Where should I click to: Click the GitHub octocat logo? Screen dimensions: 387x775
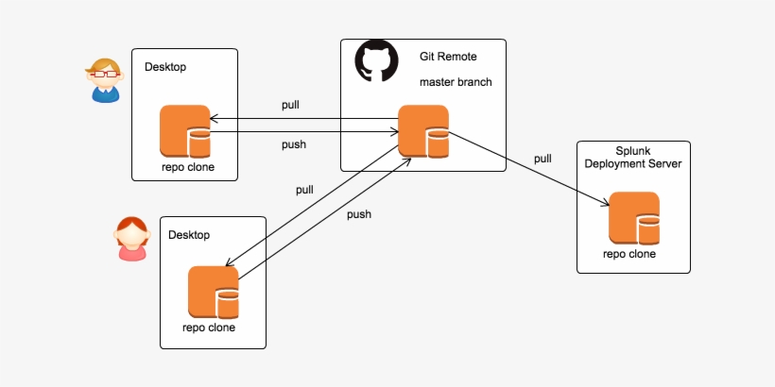(x=376, y=61)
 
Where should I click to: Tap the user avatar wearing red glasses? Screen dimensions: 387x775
(x=104, y=80)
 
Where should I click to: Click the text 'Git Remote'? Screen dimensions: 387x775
(x=448, y=58)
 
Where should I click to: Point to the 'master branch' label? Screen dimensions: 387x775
(x=456, y=82)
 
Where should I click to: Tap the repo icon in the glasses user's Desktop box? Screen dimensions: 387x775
(x=184, y=131)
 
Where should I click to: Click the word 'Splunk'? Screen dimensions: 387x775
(x=633, y=150)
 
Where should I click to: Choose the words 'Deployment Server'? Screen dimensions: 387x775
(x=633, y=164)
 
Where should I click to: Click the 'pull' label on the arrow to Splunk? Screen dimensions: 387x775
(x=542, y=159)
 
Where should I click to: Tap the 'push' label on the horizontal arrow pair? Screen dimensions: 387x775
(x=294, y=144)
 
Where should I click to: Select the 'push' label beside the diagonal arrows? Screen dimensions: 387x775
(x=359, y=214)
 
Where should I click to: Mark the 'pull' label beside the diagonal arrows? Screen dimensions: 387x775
(x=304, y=190)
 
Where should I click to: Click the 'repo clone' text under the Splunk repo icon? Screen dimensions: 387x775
(x=629, y=254)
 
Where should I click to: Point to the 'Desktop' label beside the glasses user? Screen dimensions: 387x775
(x=165, y=67)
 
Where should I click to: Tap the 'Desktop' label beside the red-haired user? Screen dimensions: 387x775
(x=189, y=234)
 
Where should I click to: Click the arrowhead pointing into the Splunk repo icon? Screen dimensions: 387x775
(x=604, y=202)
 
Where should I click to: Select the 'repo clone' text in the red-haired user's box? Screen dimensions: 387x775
(x=209, y=328)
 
